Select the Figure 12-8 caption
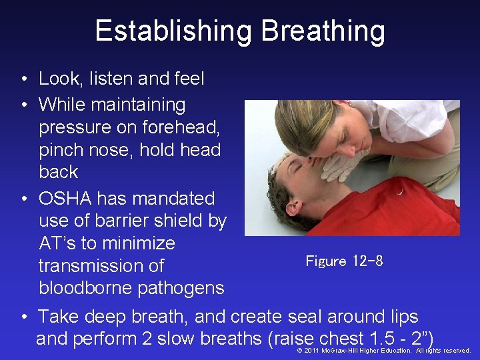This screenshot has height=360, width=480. (x=344, y=261)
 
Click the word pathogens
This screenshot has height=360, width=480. (x=181, y=289)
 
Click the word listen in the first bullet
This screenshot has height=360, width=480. (x=109, y=79)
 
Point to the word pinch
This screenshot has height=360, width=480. (x=59, y=149)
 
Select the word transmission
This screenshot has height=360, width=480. (x=101, y=266)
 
